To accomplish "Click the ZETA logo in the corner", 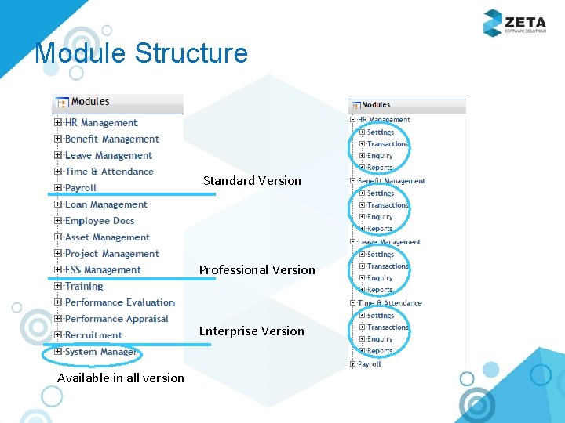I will click(514, 23).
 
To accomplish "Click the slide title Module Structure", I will click(141, 53).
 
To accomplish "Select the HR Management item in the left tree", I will click(101, 123).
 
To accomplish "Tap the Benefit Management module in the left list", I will click(111, 139).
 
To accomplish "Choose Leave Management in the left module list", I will click(108, 156).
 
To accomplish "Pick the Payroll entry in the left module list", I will click(81, 188).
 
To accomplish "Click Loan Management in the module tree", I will click(106, 204).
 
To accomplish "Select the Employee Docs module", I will click(100, 221).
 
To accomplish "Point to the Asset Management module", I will click(107, 237).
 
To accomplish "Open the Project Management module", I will click(111, 254).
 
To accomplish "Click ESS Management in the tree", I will click(103, 270).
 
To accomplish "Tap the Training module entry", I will click(84, 287).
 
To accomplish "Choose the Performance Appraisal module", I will click(116, 319).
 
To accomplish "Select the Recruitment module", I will click(93, 335).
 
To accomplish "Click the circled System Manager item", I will click(100, 352).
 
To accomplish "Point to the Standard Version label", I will click(252, 181).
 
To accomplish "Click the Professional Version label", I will click(257, 270).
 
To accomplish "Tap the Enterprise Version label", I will click(251, 331).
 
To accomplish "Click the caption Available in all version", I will click(121, 378).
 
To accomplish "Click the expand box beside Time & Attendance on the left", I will click(58, 172).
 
